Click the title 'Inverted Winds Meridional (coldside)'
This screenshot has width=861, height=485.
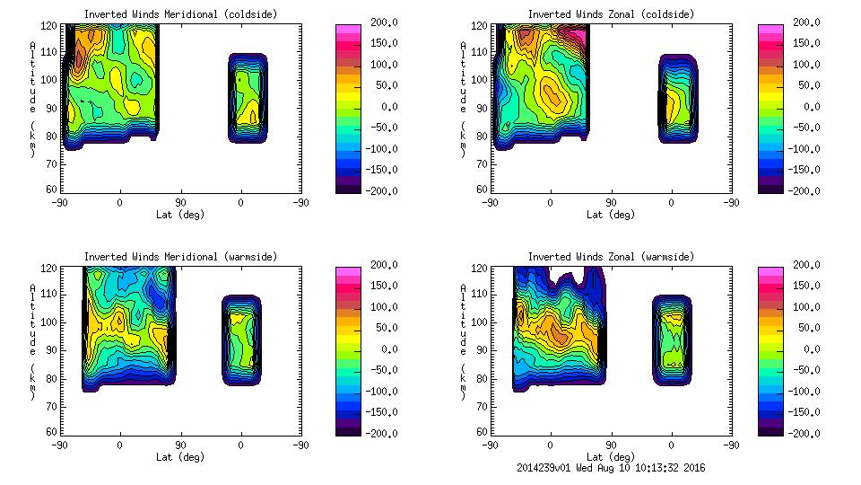(x=180, y=14)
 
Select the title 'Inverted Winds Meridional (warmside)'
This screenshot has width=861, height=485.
(x=180, y=257)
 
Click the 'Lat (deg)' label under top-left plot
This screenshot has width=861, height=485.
(x=179, y=215)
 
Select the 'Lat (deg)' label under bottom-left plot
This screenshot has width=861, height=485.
(x=179, y=457)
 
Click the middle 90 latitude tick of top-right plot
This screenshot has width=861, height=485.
(x=611, y=203)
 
